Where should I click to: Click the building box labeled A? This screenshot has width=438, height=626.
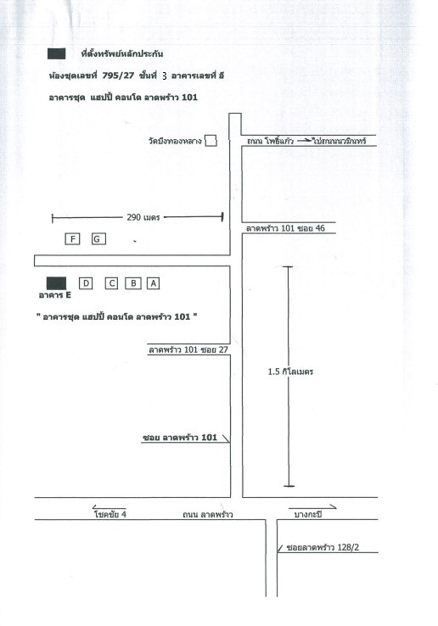(x=153, y=283)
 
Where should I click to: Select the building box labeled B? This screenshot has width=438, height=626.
(x=133, y=283)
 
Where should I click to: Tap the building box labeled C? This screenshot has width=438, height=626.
(x=111, y=283)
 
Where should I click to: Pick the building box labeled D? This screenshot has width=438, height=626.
(x=86, y=283)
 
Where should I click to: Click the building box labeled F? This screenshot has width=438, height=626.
(x=72, y=238)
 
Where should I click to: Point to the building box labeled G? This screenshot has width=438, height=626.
(x=98, y=238)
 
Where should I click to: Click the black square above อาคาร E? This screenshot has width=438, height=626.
(x=56, y=283)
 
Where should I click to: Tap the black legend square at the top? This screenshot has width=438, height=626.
(x=56, y=54)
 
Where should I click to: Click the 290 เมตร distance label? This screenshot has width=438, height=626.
(x=143, y=218)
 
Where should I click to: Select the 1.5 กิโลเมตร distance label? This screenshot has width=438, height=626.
(x=290, y=372)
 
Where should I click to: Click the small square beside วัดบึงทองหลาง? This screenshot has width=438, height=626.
(x=211, y=141)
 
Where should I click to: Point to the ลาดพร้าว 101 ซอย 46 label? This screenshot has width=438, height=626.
(x=285, y=228)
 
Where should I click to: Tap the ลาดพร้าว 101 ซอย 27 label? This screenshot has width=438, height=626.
(x=188, y=349)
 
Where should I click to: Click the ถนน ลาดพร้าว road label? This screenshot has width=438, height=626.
(x=208, y=515)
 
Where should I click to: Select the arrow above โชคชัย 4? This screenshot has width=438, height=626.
(x=109, y=507)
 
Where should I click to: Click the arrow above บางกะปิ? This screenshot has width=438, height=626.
(x=312, y=507)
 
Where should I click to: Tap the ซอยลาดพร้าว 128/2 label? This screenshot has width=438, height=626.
(x=323, y=547)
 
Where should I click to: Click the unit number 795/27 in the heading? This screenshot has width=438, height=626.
(x=118, y=75)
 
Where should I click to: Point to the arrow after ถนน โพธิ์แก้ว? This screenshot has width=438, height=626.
(x=304, y=141)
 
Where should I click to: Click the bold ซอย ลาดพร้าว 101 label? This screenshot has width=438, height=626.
(x=180, y=438)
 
